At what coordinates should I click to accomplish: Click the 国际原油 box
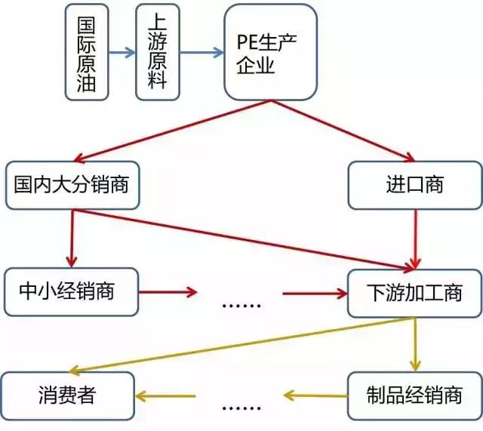86,52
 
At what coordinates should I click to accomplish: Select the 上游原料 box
157,52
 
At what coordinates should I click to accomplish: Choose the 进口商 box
414,185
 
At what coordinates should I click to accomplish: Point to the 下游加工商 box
414,291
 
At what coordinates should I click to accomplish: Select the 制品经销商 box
414,395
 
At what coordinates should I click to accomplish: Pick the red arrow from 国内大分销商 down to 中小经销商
72,238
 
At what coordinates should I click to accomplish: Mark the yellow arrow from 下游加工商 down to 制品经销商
414,343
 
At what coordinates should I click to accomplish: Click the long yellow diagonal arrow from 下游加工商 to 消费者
241,344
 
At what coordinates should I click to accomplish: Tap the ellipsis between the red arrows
242,305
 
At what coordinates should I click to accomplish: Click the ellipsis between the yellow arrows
242,408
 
